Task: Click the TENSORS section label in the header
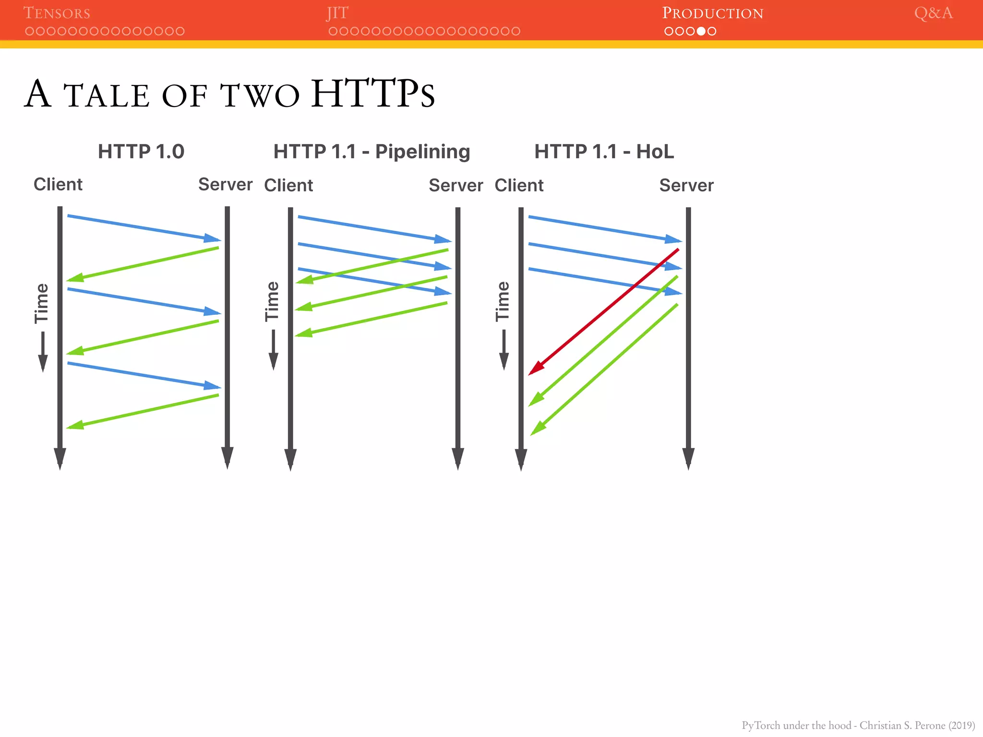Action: tap(57, 13)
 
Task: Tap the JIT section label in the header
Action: tap(337, 13)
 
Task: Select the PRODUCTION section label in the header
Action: tap(712, 13)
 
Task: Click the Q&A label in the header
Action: tap(933, 13)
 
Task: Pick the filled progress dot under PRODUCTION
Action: tap(701, 31)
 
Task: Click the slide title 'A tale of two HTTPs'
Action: tap(229, 94)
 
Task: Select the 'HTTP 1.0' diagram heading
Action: tap(141, 152)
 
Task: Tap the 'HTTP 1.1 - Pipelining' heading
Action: tap(372, 152)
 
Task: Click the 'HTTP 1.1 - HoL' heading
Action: tap(604, 152)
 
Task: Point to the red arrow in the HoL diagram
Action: tap(604, 312)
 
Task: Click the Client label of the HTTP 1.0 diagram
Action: tap(58, 185)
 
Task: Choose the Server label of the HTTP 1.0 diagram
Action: tap(225, 185)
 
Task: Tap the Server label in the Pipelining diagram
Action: tap(456, 186)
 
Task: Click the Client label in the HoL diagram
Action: tap(519, 186)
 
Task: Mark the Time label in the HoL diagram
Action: tap(503, 301)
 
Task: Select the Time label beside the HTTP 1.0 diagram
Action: tap(42, 303)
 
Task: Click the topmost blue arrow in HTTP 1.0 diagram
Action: tap(144, 228)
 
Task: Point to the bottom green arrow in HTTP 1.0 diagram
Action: tap(143, 411)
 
